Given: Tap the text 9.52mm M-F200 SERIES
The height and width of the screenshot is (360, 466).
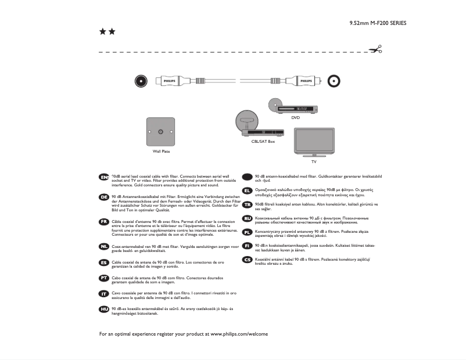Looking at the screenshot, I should click(378, 23).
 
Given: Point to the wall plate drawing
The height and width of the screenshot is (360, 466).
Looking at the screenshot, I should click(161, 132).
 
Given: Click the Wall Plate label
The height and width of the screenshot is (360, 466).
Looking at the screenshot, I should click(161, 152).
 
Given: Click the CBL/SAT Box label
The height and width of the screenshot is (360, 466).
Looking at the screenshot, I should click(263, 141).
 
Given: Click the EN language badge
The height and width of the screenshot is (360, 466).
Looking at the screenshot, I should click(104, 177).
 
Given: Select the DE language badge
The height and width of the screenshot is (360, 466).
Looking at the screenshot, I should click(104, 197).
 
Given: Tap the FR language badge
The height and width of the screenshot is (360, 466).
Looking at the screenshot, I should click(104, 222).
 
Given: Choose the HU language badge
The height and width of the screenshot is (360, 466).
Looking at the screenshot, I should click(104, 309).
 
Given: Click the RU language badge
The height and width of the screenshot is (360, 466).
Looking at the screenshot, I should click(246, 218).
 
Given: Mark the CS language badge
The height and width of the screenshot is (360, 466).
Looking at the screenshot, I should click(246, 260).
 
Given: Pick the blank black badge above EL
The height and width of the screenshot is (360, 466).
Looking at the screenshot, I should click(246, 177).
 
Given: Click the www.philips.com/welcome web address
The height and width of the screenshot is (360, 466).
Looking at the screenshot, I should click(239, 334).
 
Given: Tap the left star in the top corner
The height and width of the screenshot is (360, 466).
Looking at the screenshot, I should click(103, 31).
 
